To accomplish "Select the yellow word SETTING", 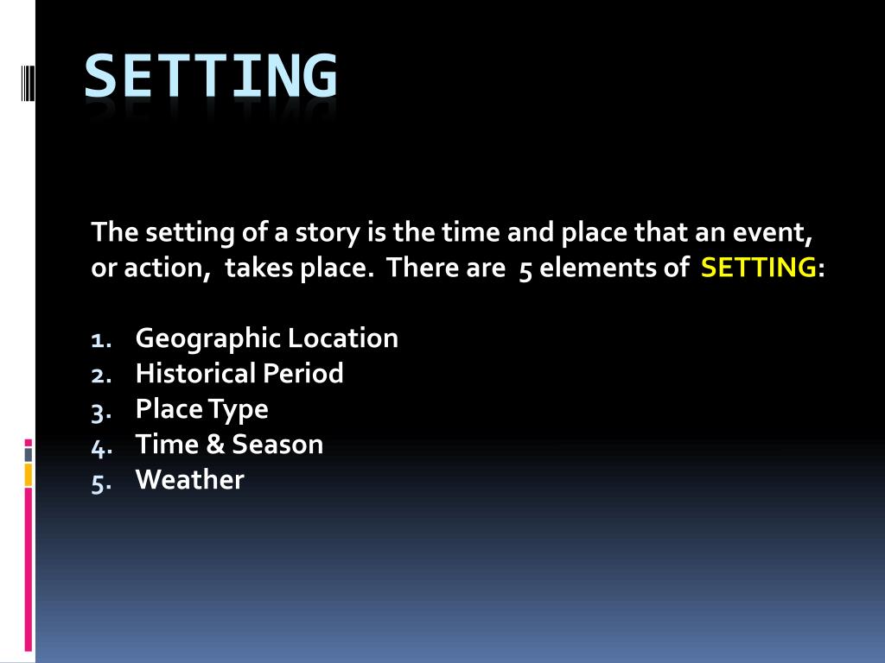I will click(758, 268).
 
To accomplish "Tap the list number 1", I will click(99, 339).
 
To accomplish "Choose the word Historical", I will click(196, 374).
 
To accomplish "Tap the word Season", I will click(277, 445).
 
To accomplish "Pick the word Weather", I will click(190, 480).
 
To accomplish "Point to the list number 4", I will click(100, 446).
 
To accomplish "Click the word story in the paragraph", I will click(324, 233).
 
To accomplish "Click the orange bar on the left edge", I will click(28, 474).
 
